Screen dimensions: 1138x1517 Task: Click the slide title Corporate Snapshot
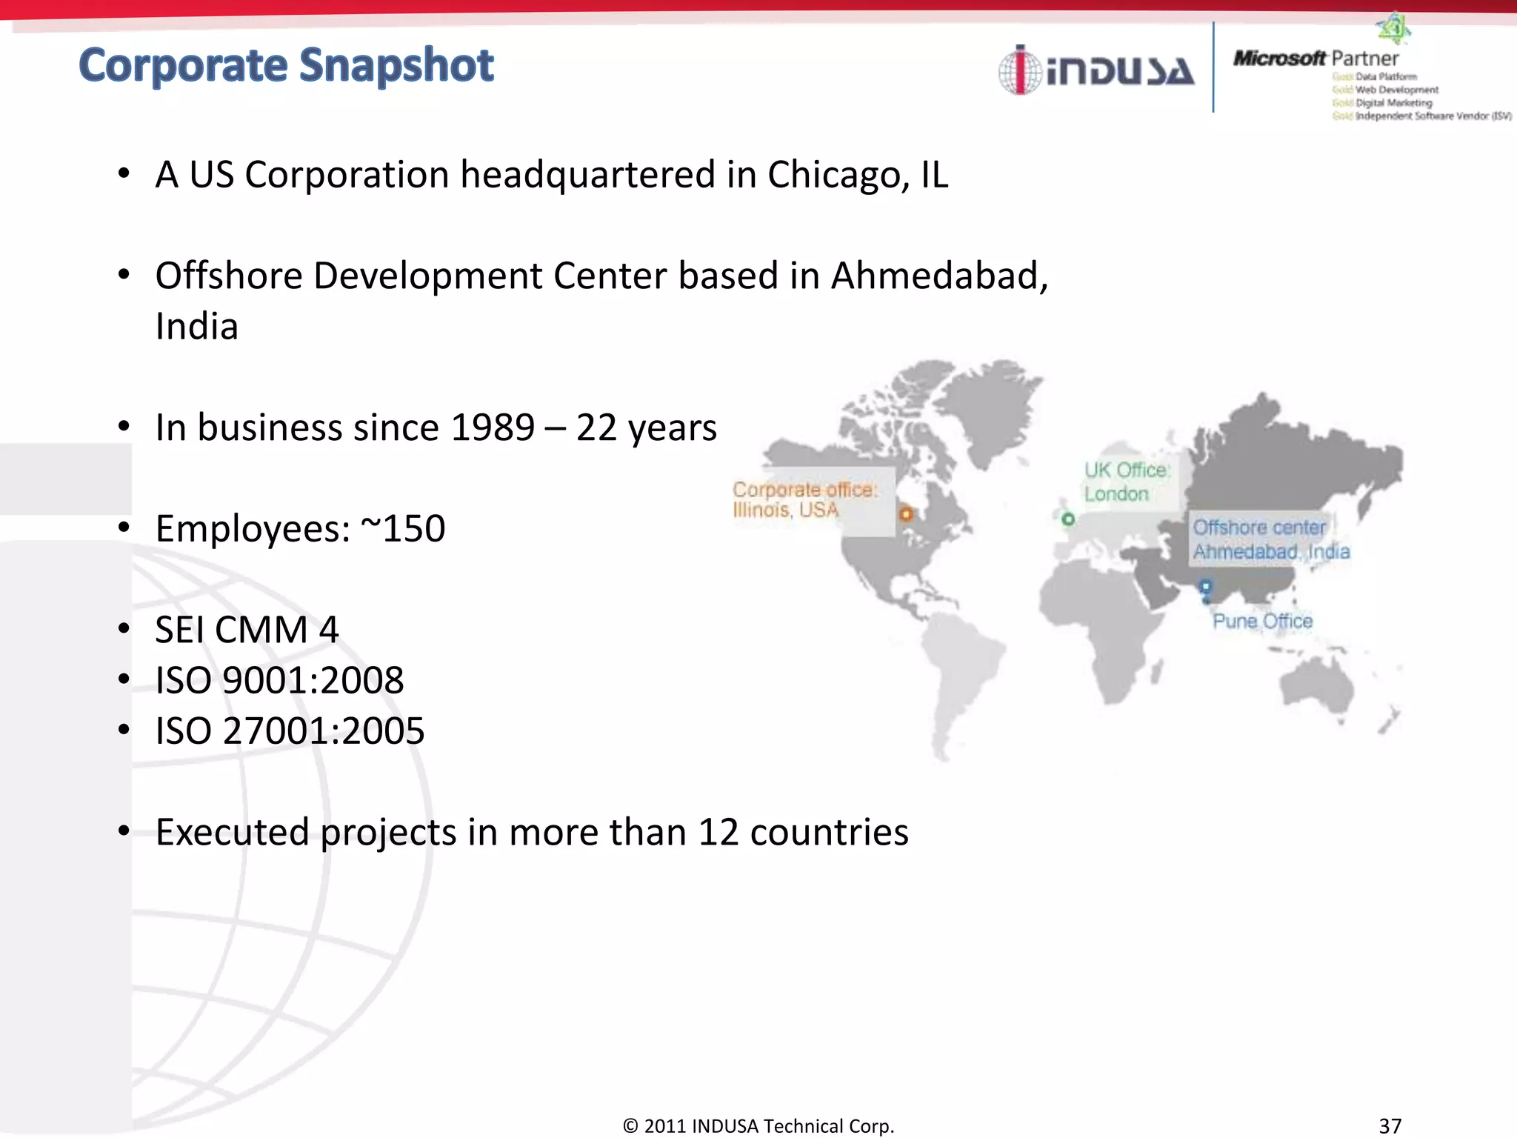(x=286, y=65)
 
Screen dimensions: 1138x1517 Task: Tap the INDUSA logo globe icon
(x=1020, y=70)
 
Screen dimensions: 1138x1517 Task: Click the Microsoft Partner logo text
(x=1316, y=58)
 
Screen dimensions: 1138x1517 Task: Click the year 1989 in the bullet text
(x=492, y=427)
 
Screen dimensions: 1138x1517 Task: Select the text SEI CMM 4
(x=247, y=630)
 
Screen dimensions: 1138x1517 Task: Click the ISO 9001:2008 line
(x=279, y=680)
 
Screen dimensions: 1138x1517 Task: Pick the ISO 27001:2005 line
(x=290, y=731)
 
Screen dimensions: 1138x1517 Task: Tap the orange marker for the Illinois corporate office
(x=906, y=513)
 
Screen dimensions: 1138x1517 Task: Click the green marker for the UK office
(x=1067, y=519)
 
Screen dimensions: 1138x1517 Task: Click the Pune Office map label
(x=1262, y=621)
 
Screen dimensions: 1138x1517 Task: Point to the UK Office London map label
(x=1127, y=482)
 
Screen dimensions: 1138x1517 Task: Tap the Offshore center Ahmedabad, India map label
(x=1270, y=539)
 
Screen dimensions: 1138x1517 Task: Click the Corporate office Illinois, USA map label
(x=804, y=499)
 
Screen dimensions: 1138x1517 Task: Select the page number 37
(x=1390, y=1125)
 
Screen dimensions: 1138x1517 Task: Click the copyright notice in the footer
(x=758, y=1125)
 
